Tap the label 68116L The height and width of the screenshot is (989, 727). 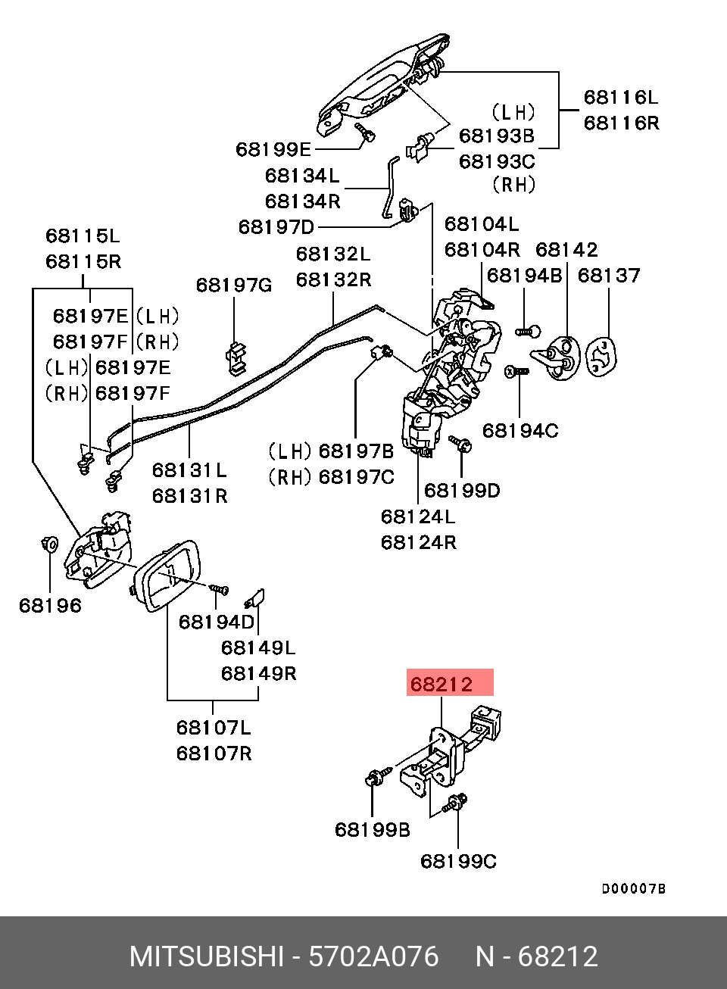(x=621, y=97)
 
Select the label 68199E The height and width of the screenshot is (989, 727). (x=273, y=149)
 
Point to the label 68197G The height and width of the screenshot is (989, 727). (x=234, y=285)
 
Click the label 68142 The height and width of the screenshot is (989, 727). (x=566, y=250)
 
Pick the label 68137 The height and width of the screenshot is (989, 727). (x=609, y=276)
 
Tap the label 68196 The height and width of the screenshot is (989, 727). (x=50, y=605)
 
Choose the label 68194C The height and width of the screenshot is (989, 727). (x=520, y=430)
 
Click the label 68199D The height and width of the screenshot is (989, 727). (x=462, y=491)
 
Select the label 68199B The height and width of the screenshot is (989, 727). (x=373, y=830)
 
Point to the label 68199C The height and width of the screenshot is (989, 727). (x=459, y=862)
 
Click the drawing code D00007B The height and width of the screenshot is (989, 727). (x=634, y=889)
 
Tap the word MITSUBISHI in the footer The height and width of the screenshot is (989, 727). (x=207, y=956)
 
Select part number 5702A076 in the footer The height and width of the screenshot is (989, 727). (x=373, y=956)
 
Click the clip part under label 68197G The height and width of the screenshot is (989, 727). (x=236, y=358)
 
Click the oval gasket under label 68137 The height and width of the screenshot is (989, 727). (x=601, y=357)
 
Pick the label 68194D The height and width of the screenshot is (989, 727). (x=217, y=622)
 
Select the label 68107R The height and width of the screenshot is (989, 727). (x=214, y=753)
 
